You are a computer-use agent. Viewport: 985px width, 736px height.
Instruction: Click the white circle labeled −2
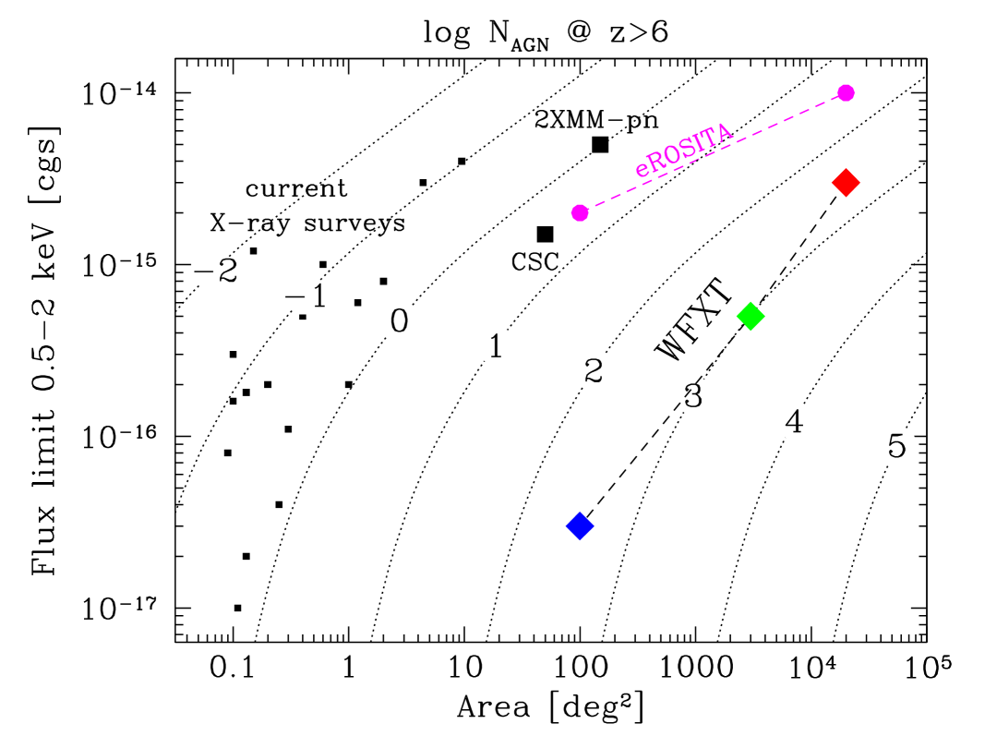pyautogui.click(x=214, y=270)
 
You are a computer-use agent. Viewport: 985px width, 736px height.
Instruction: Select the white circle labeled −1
pyautogui.click(x=306, y=296)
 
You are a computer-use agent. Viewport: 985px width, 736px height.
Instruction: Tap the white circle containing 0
pyautogui.click(x=400, y=320)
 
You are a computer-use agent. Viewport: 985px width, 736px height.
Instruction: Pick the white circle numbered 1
pyautogui.click(x=495, y=345)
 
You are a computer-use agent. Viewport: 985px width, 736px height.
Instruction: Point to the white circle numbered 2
pyautogui.click(x=594, y=370)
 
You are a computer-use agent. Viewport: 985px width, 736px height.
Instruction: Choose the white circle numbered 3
pyautogui.click(x=693, y=395)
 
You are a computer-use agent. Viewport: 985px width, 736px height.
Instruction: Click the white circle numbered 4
pyautogui.click(x=794, y=420)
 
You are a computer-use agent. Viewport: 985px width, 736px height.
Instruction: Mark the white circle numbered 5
pyautogui.click(x=896, y=446)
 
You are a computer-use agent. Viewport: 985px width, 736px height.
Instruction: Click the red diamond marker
pyautogui.click(x=846, y=183)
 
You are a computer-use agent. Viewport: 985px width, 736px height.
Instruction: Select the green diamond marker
pyautogui.click(x=751, y=316)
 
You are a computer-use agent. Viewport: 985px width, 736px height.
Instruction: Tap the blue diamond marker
pyautogui.click(x=580, y=525)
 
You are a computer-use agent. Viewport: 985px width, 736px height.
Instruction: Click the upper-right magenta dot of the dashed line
pyautogui.click(x=846, y=92)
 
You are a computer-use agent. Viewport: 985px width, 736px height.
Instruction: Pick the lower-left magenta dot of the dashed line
pyautogui.click(x=580, y=212)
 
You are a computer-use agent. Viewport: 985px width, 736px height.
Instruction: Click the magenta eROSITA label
pyautogui.click(x=684, y=150)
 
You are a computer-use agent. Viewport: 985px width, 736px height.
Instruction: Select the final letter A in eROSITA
pyautogui.click(x=725, y=132)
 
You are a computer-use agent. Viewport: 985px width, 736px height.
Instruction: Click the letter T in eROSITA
pyautogui.click(x=712, y=138)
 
